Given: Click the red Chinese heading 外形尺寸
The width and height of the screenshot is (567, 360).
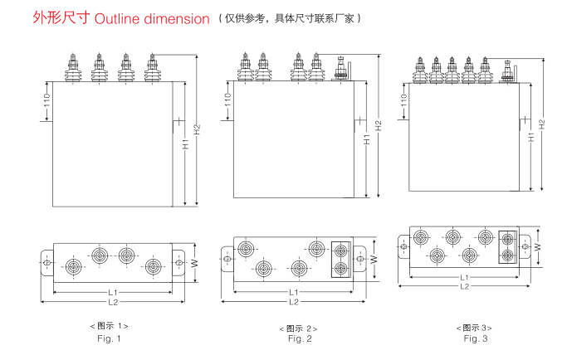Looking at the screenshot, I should pyautogui.click(x=61, y=18).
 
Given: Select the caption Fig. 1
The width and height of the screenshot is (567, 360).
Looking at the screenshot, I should pyautogui.click(x=110, y=338).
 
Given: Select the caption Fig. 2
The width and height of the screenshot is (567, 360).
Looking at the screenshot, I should pyautogui.click(x=300, y=338).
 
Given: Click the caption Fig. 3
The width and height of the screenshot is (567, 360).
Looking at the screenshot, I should pyautogui.click(x=476, y=338).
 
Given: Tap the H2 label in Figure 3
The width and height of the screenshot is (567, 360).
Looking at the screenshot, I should pyautogui.click(x=541, y=124).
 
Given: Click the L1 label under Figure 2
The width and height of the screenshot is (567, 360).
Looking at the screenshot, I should pyautogui.click(x=293, y=292).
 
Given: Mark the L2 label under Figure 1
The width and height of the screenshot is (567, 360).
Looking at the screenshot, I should pyautogui.click(x=113, y=301).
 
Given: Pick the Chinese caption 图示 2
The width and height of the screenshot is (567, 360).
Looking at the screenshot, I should pyautogui.click(x=299, y=328).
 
